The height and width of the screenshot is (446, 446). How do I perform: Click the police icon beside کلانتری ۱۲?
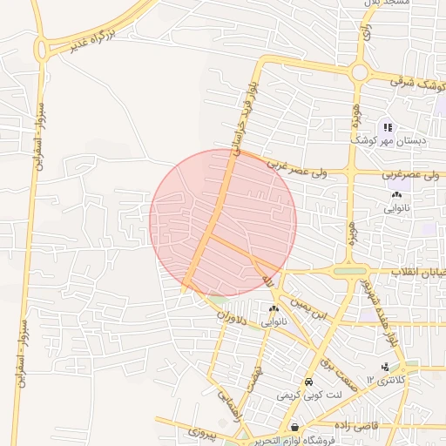pos(385,366)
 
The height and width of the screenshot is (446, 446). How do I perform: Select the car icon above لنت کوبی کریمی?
pos(308,382)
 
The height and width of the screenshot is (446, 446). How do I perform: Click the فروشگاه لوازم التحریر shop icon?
pos(295,428)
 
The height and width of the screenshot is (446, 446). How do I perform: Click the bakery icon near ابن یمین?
pos(274,309)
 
